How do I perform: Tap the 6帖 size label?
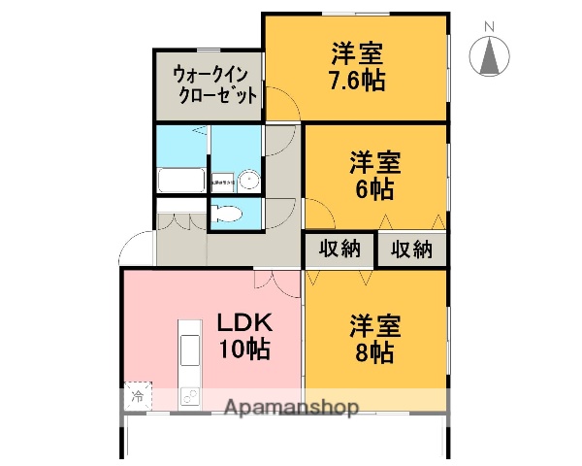(x=375, y=187)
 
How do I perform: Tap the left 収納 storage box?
(x=339, y=250)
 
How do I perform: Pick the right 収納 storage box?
(x=411, y=250)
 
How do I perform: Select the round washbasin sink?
(x=249, y=180)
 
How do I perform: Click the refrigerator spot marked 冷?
(x=138, y=396)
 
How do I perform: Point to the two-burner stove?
(x=188, y=396)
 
